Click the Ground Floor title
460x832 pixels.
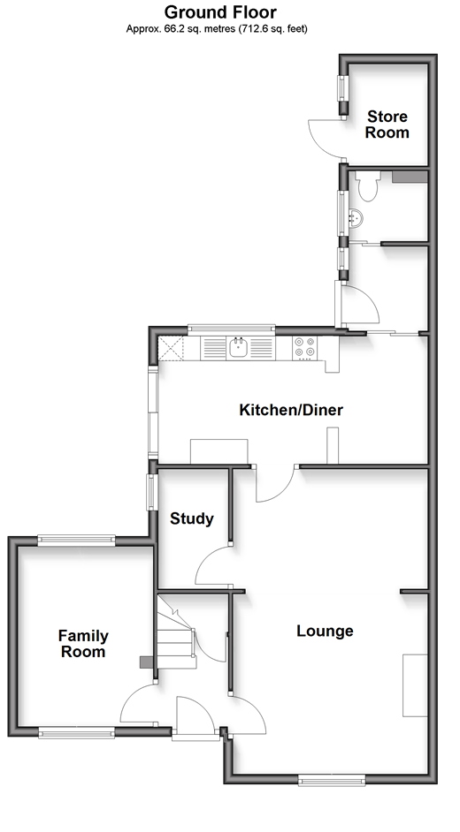coord(220,11)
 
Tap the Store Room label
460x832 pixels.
coord(387,125)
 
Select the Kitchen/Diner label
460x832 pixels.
coord(291,410)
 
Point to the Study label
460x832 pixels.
coord(192,518)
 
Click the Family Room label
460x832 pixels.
coord(83,643)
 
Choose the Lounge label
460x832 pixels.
coord(325,631)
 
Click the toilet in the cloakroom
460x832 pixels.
coord(366,185)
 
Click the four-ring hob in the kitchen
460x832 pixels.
coord(304,348)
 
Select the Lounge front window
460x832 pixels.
coord(332,779)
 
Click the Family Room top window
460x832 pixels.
coord(76,541)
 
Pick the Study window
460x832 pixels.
coord(151,491)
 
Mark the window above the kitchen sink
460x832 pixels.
coord(232,329)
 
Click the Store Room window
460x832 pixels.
coord(342,87)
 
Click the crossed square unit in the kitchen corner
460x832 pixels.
coord(171,348)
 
